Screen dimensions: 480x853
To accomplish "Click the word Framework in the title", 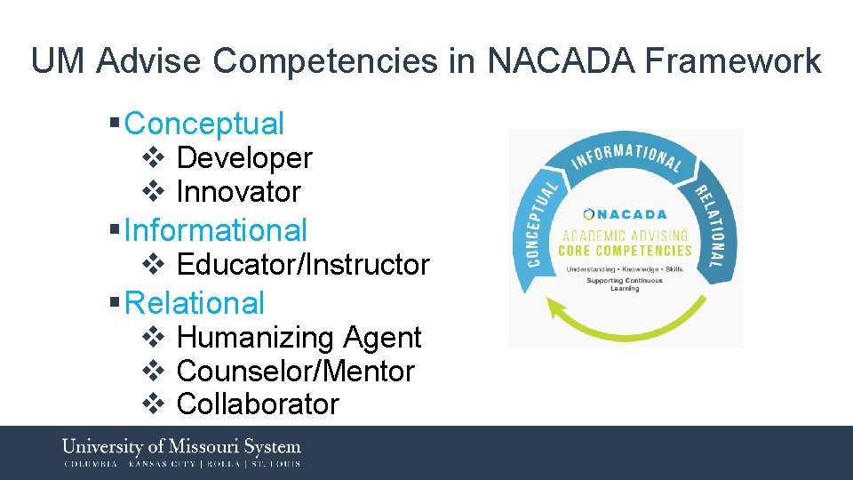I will (x=733, y=61).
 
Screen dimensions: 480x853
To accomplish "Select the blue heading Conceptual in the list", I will (x=204, y=124).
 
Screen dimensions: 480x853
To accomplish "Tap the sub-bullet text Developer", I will (x=244, y=158).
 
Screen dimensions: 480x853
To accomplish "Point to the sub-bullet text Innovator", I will (x=239, y=191).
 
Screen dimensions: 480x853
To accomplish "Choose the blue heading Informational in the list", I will (x=216, y=230).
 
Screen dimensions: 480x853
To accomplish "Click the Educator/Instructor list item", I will (x=303, y=264).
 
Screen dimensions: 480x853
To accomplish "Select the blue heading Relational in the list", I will (x=195, y=303).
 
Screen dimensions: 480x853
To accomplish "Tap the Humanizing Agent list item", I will (x=299, y=338).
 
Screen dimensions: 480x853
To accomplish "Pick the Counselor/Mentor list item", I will (x=296, y=371).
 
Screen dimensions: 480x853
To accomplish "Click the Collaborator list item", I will (x=258, y=404).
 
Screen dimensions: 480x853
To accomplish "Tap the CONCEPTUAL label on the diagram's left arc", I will (x=537, y=222).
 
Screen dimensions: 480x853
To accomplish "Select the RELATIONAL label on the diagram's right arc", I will (x=714, y=226).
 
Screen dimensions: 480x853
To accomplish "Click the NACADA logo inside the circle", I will (x=626, y=214).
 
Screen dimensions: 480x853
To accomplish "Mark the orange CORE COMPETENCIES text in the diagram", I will (x=626, y=251).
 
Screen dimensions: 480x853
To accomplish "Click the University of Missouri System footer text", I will (x=181, y=446).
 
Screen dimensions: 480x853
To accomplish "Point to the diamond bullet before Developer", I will (x=152, y=158).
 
